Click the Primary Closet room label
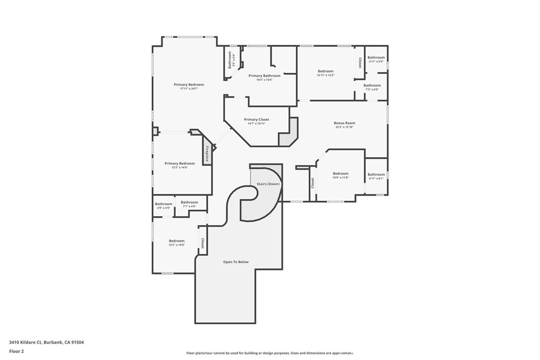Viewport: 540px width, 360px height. coord(256,120)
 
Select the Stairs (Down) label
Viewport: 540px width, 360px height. coord(268,184)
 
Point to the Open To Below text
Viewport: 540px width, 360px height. coord(236,262)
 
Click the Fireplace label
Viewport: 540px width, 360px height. coord(207,153)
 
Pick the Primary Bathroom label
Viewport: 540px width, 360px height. coord(264,76)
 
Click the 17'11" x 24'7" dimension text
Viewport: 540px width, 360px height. coord(189,89)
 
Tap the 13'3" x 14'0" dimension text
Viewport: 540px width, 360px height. coord(179,168)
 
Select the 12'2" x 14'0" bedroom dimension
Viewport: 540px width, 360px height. coord(177,245)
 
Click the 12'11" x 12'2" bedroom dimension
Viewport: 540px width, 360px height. coord(325,75)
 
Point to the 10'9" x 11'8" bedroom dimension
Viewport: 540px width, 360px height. coord(340,178)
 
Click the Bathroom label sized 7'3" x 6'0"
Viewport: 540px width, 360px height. coord(372,85)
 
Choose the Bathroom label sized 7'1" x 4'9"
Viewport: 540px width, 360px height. coord(189,202)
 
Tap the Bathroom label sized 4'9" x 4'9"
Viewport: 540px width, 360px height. coord(163,204)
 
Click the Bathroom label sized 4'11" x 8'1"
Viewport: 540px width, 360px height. coord(376,174)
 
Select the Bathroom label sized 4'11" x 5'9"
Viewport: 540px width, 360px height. coord(376,57)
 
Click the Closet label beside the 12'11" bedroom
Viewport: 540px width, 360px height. coord(360,63)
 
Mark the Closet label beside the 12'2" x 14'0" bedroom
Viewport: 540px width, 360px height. coord(202,243)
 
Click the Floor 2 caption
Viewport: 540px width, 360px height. coord(16,351)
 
